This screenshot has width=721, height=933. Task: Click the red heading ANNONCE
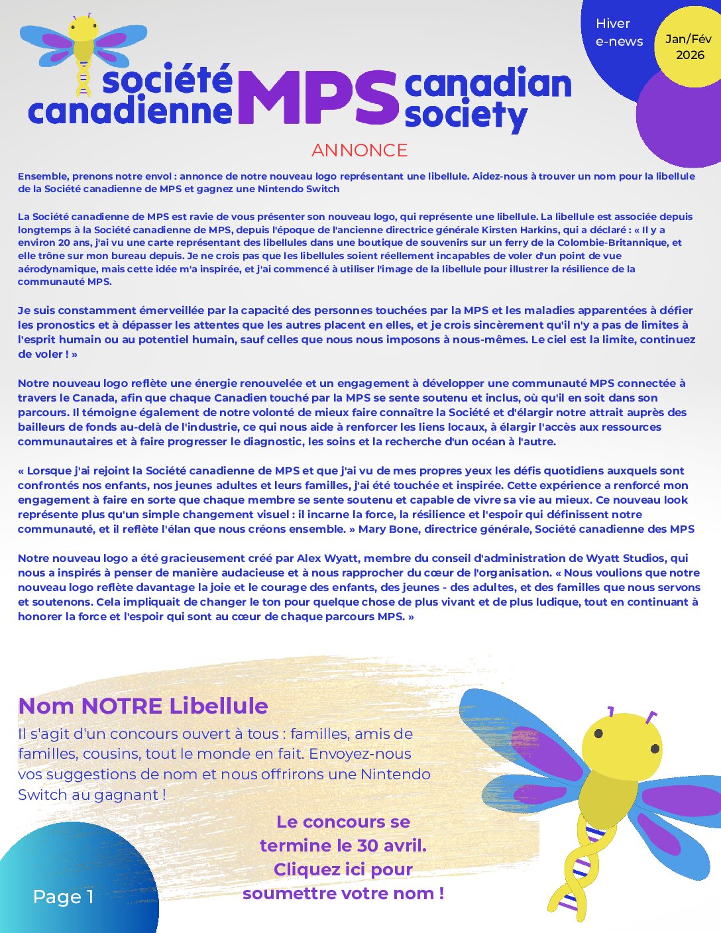359,150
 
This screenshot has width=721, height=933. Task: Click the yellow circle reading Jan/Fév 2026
689,47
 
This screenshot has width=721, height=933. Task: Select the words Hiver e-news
619,32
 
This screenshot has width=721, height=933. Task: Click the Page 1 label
63,897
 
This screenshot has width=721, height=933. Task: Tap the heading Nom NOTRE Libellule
143,706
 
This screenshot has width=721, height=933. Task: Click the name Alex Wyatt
328,558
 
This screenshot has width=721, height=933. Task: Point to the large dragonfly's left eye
598,734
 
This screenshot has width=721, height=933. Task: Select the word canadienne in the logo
130,111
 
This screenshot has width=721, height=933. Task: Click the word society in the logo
465,115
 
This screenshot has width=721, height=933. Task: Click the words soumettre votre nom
343,893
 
